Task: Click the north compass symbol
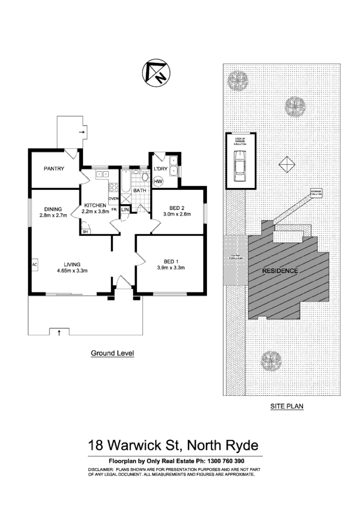tap(155, 74)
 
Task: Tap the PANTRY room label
tap(54, 169)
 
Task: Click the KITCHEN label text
tap(95, 205)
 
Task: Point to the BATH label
tap(139, 191)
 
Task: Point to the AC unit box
tap(34, 265)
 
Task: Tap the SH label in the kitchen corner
tap(85, 232)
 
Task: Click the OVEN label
tap(113, 199)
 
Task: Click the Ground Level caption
tap(112, 353)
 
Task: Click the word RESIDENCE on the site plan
tap(280, 271)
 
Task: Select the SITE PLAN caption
tap(286, 406)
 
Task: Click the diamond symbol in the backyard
tap(286, 164)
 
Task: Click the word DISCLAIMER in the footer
tap(100, 470)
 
